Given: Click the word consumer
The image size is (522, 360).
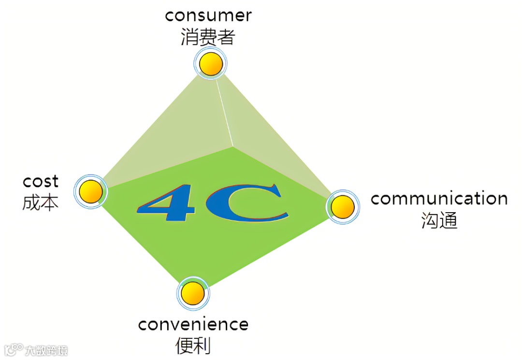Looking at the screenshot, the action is pyautogui.click(x=208, y=15).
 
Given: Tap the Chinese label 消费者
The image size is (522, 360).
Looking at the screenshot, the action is pyautogui.click(x=208, y=37).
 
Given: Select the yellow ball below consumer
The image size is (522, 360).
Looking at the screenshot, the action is pyautogui.click(x=211, y=64).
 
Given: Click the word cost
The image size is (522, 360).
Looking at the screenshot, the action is pyautogui.click(x=41, y=182).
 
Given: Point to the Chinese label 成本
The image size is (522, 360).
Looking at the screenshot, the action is pyautogui.click(x=41, y=203).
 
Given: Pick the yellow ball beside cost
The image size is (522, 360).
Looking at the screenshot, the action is pyautogui.click(x=90, y=192).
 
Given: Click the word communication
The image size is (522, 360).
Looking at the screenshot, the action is pyautogui.click(x=439, y=199).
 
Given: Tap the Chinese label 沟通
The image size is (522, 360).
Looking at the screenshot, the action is pyautogui.click(x=439, y=220).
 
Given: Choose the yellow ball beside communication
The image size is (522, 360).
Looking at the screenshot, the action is pyautogui.click(x=343, y=207).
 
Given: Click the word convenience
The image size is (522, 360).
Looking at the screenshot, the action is pyautogui.click(x=193, y=324).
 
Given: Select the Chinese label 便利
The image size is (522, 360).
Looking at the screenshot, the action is pyautogui.click(x=193, y=346).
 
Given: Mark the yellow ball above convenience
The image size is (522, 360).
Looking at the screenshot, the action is pyautogui.click(x=193, y=293).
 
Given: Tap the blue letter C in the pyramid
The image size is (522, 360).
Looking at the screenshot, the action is pyautogui.click(x=246, y=203).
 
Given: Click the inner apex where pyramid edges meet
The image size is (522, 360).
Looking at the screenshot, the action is pyautogui.click(x=233, y=146).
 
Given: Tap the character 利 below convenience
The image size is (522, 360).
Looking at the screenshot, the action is pyautogui.click(x=203, y=346).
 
